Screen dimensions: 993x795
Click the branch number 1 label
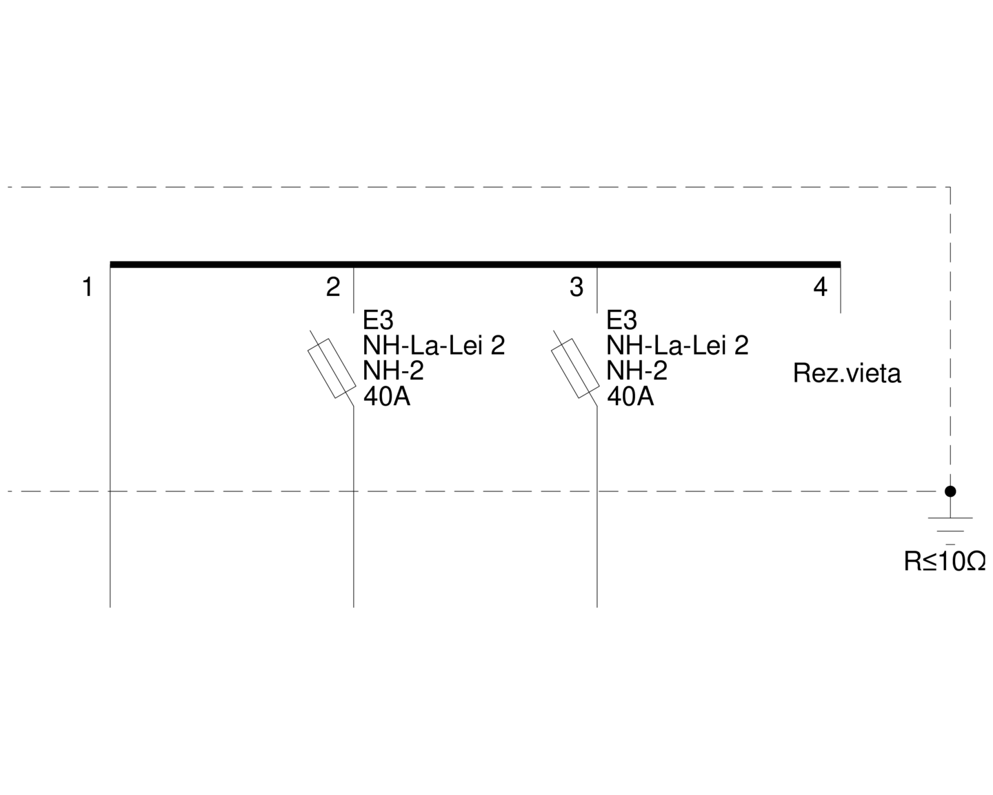[88, 287]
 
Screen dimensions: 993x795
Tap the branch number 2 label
[333, 287]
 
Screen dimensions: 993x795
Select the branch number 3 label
[576, 287]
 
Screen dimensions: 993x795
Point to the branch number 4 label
[820, 287]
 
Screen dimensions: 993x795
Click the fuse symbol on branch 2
[332, 368]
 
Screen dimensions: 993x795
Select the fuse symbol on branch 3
[575, 368]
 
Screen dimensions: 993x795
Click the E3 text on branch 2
[378, 320]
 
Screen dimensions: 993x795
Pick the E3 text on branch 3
[621, 320]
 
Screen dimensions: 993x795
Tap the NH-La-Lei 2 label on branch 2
[434, 345]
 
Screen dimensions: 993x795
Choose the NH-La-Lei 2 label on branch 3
[677, 345]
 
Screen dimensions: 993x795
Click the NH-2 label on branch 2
[393, 371]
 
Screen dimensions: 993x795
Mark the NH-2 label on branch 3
[636, 371]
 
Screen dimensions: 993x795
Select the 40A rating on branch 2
[387, 396]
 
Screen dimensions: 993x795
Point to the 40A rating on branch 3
[630, 396]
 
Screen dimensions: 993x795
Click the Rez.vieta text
[847, 373]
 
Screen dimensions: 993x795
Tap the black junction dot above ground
[950, 491]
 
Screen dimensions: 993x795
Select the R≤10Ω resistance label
[945, 562]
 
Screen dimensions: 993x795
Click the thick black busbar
[475, 264]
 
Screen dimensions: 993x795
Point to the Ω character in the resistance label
[976, 562]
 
